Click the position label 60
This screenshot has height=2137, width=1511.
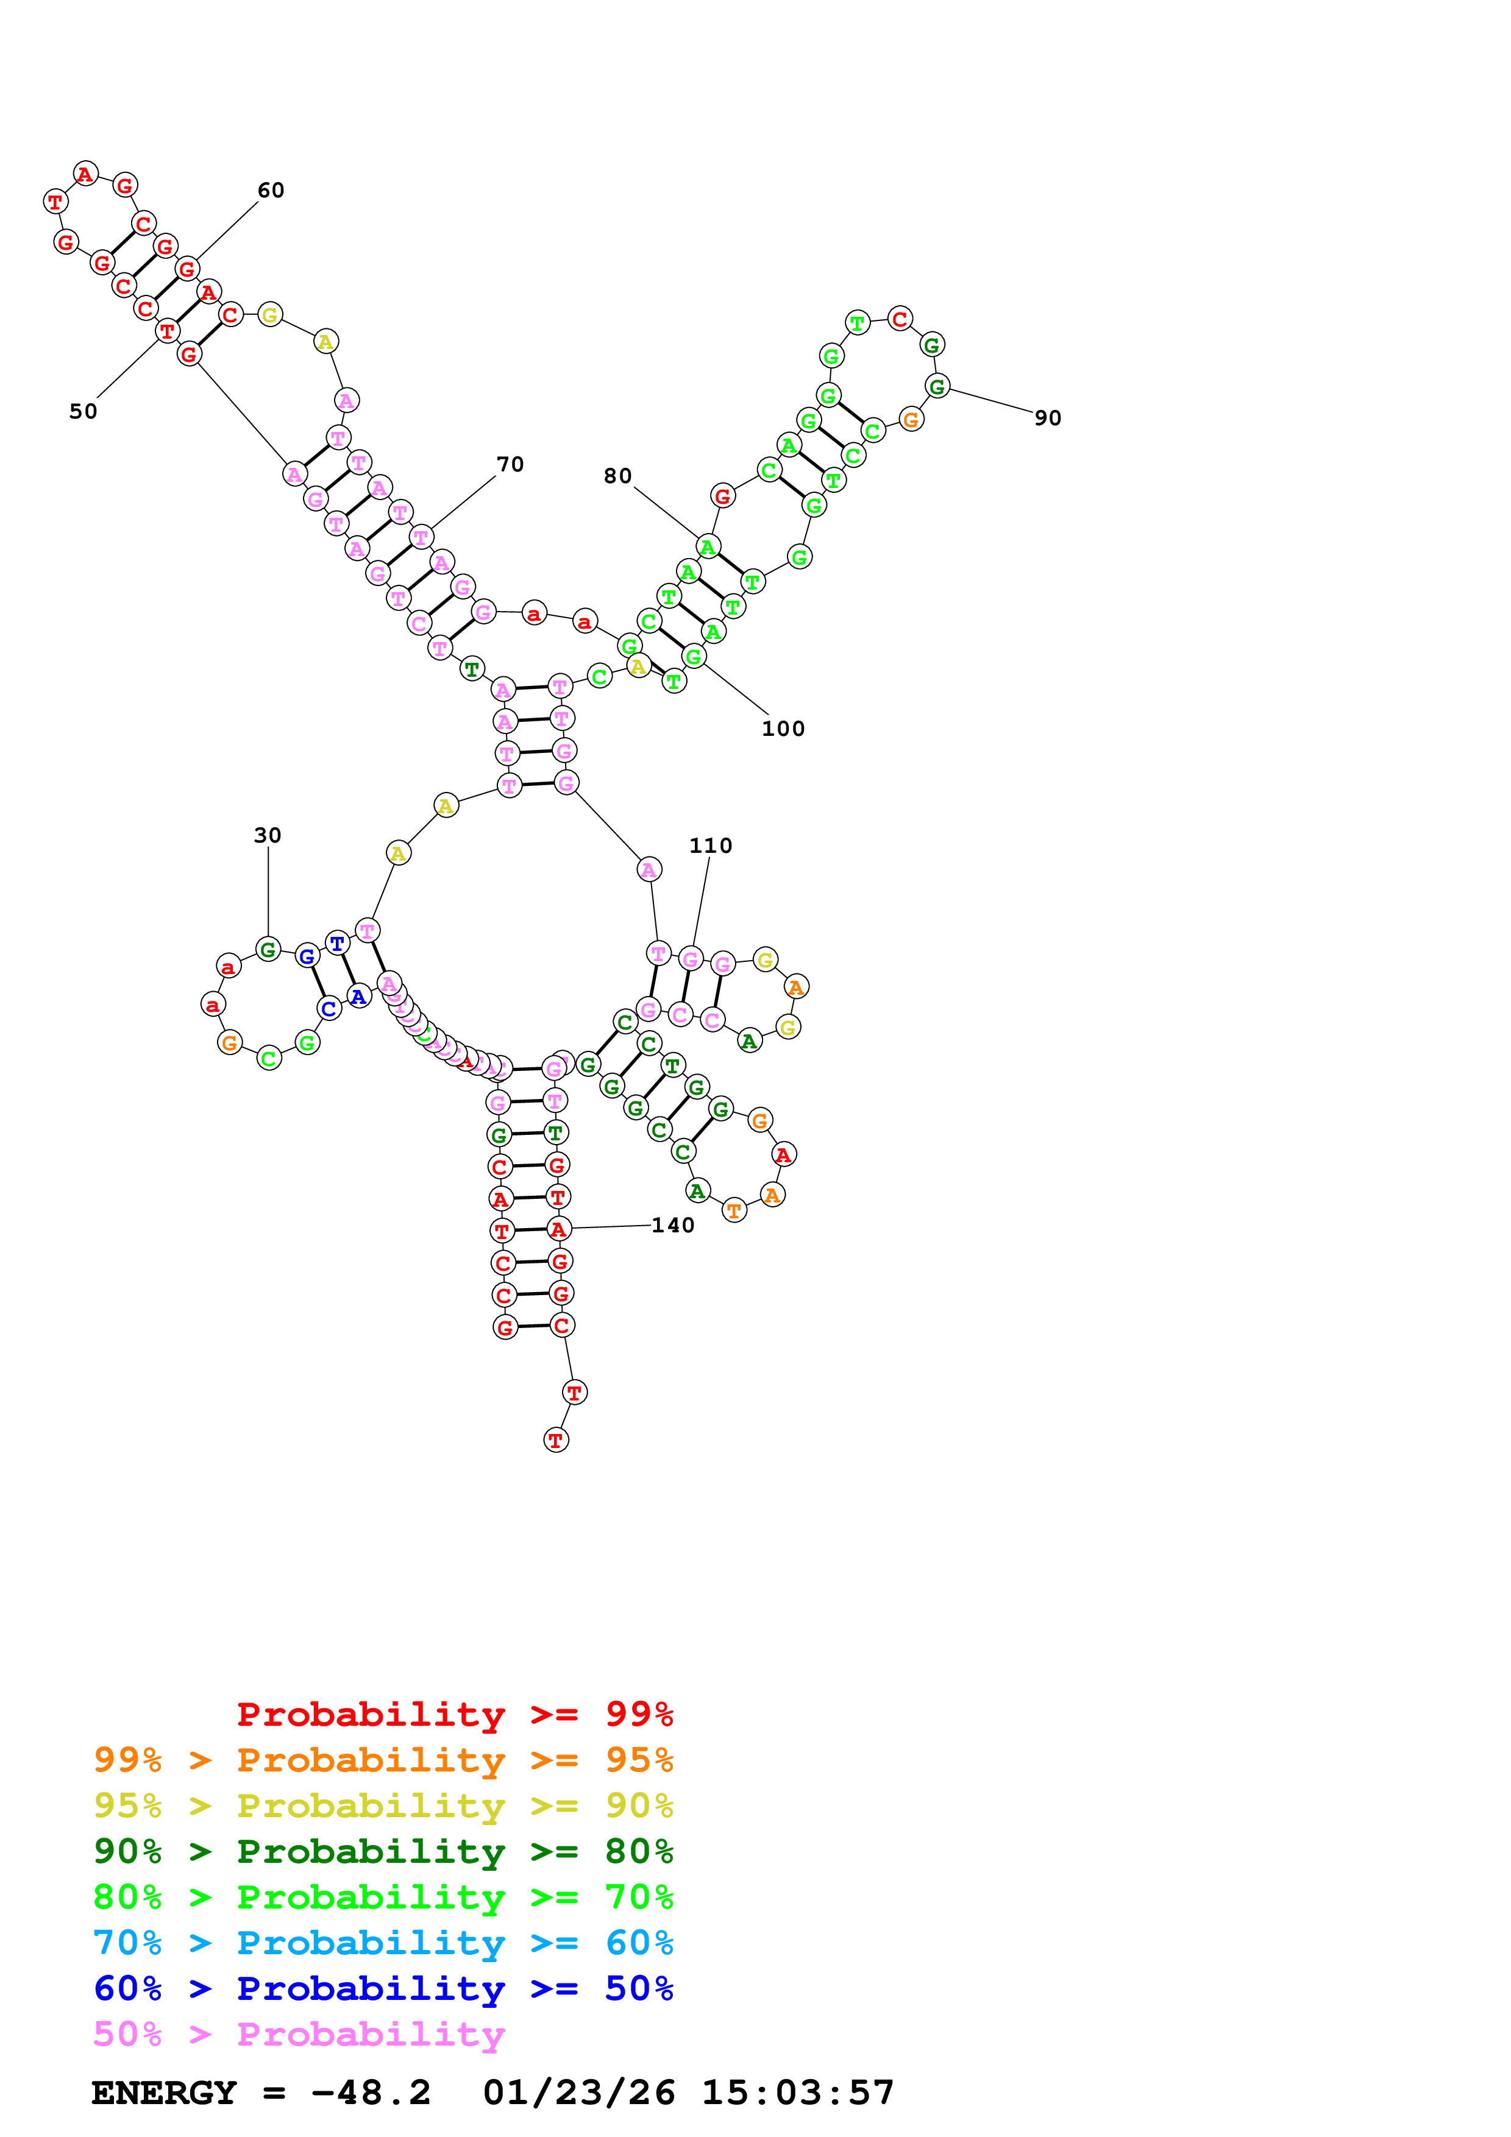271,191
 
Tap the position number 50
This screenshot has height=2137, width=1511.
83,411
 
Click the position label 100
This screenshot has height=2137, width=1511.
783,729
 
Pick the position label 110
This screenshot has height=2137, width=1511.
710,845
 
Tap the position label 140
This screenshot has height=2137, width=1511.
672,1225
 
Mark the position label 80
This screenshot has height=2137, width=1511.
617,476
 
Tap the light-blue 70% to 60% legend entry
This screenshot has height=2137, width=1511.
383,1943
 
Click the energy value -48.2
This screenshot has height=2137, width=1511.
371,2093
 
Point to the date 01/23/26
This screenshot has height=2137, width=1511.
578,2093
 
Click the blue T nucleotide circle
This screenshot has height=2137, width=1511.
337,943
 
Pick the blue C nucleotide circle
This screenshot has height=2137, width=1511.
329,1008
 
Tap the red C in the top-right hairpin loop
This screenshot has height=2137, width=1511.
899,319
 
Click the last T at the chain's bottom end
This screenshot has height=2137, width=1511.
556,1440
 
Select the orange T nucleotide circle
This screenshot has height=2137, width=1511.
734,1210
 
